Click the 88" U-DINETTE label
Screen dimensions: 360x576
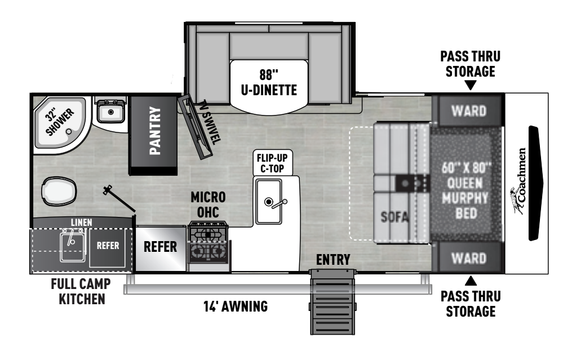pos(269,82)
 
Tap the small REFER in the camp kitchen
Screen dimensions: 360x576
pos(107,246)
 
